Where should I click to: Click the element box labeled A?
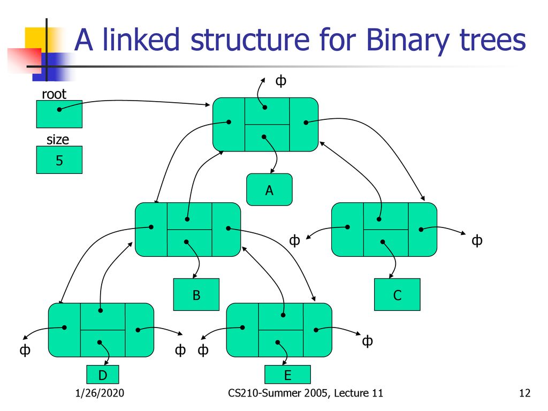pyautogui.click(x=269, y=189)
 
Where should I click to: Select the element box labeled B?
pyautogui.click(x=196, y=295)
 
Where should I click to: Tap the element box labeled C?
pyautogui.click(x=397, y=295)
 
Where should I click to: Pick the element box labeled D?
pyautogui.click(x=103, y=375)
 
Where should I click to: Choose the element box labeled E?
pyautogui.click(x=287, y=375)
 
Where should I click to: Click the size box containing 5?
pyautogui.click(x=59, y=159)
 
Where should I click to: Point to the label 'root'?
pyautogui.click(x=54, y=94)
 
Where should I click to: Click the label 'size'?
pyautogui.click(x=58, y=140)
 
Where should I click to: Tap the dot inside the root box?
pyautogui.click(x=59, y=109)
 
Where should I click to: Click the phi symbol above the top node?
pyautogui.click(x=281, y=81)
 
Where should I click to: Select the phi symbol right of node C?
pyautogui.click(x=477, y=240)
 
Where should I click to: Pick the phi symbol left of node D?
pyautogui.click(x=25, y=350)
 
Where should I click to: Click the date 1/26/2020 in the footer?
pyautogui.click(x=100, y=393)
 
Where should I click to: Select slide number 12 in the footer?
pyautogui.click(x=524, y=393)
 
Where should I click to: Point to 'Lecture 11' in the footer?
pyautogui.click(x=358, y=393)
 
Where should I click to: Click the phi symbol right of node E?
pyautogui.click(x=367, y=341)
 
